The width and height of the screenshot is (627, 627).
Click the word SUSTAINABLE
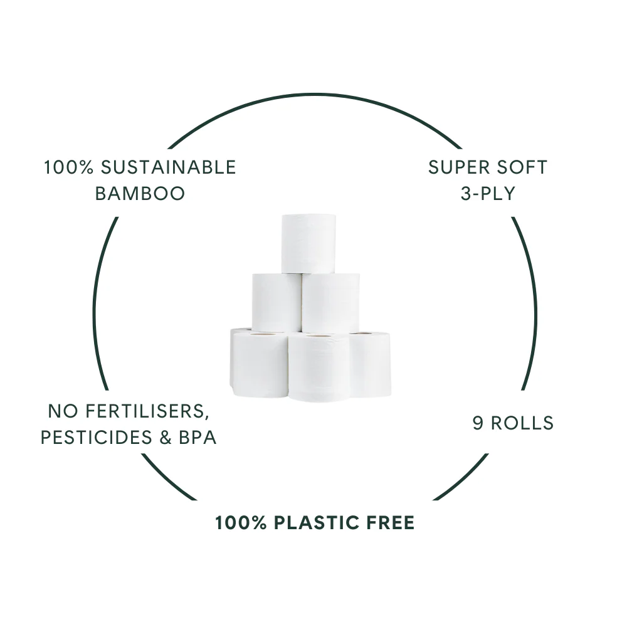tap(168, 167)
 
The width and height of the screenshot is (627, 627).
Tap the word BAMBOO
tap(140, 194)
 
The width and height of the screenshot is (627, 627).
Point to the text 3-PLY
tap(488, 194)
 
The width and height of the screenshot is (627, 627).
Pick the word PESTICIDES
tap(97, 438)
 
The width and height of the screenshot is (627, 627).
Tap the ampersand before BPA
tap(166, 438)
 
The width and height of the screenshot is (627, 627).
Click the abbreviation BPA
tap(198, 438)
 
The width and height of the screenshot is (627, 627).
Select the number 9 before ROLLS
tap(478, 423)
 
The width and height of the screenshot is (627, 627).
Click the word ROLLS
tap(522, 423)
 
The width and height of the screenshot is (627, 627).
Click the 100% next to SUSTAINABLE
tap(68, 167)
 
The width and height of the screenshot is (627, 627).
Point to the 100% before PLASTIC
tap(241, 523)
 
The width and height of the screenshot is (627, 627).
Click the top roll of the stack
tap(308, 243)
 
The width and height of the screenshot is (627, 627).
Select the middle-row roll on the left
tap(277, 303)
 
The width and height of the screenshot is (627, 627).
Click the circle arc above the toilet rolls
tap(315, 95)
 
